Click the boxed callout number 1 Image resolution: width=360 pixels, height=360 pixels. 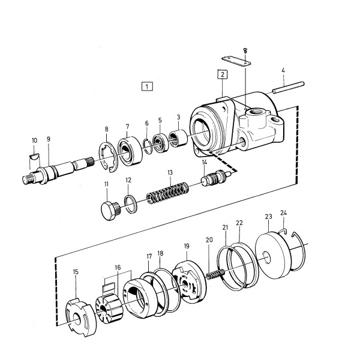click(x=147, y=86)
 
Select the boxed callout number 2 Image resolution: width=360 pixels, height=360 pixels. click(x=222, y=74)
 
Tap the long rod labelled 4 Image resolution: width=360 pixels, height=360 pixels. click(x=288, y=87)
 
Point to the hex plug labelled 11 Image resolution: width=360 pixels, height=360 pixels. click(x=110, y=211)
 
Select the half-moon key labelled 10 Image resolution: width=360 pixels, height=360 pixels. click(x=35, y=157)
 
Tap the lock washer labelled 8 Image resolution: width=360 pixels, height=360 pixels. click(x=109, y=157)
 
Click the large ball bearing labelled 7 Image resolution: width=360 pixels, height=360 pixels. click(x=130, y=151)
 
